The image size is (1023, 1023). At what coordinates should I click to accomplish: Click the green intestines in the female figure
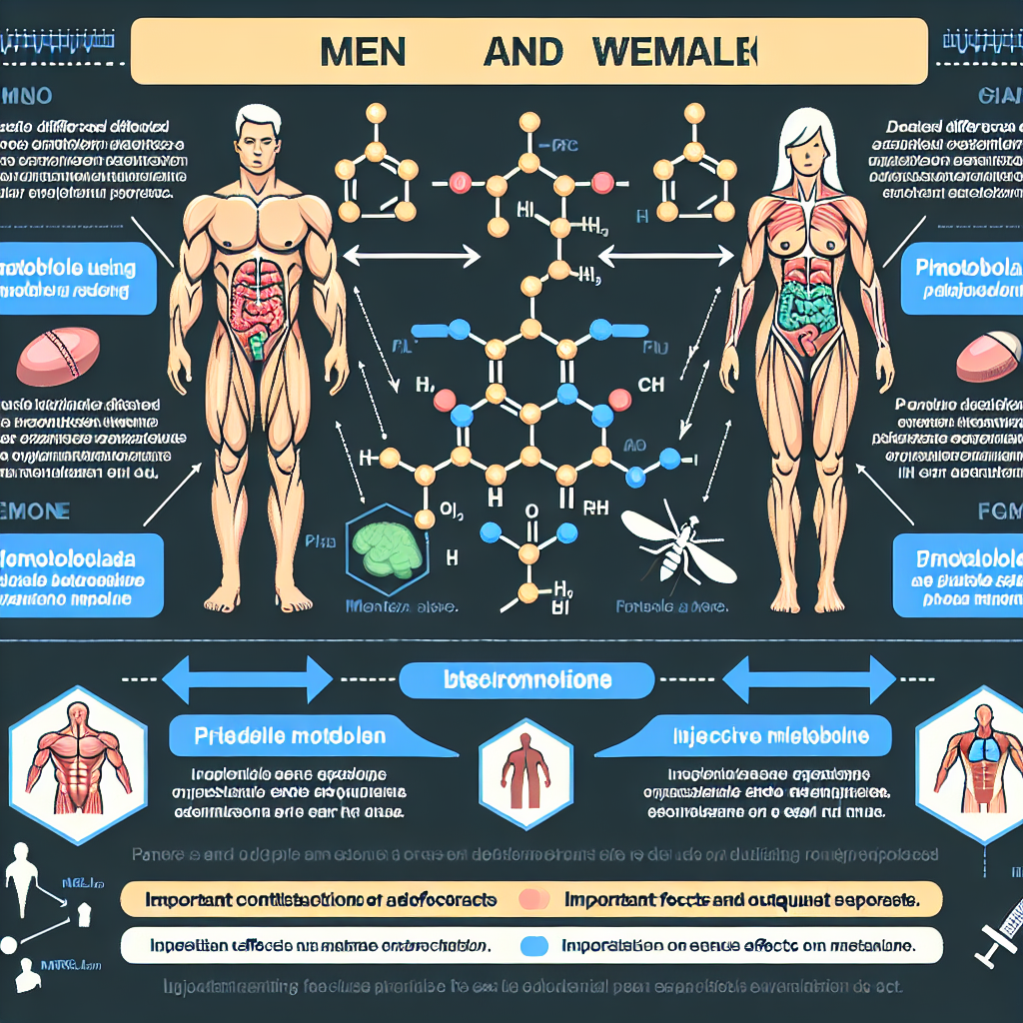click(x=808, y=306)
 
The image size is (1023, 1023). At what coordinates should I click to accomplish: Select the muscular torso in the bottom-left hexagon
click(x=78, y=760)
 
